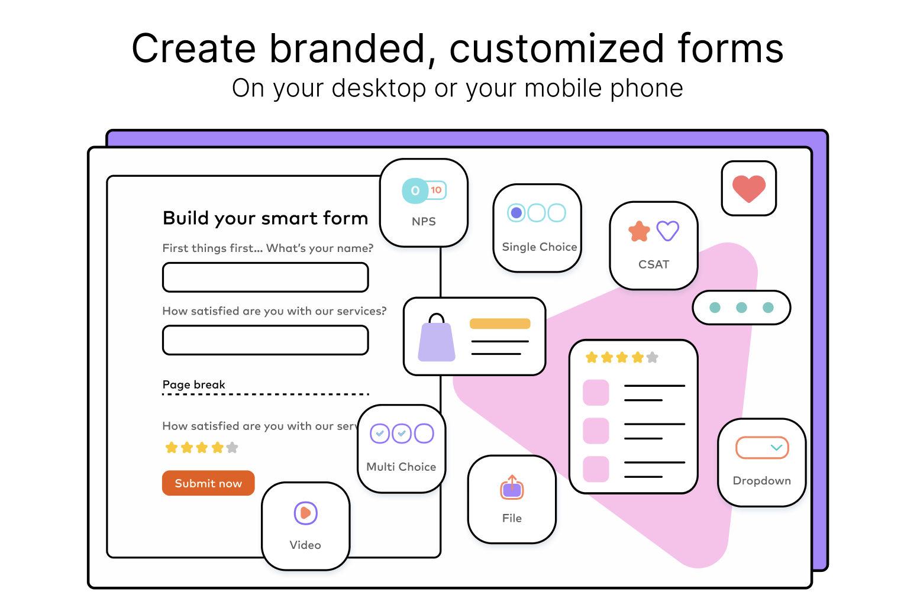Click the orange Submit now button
[208, 483]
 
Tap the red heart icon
[749, 189]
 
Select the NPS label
[424, 221]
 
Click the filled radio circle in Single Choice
[516, 213]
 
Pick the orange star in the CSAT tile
[639, 232]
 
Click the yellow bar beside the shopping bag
[500, 324]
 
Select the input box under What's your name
[265, 277]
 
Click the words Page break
[193, 384]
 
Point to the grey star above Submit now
[232, 448]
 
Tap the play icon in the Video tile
[305, 513]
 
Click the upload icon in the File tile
[512, 487]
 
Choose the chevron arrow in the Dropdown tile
[777, 447]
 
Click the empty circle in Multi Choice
[424, 434]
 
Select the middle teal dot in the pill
[741, 308]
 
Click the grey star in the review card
[653, 358]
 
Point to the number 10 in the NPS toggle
[436, 190]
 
